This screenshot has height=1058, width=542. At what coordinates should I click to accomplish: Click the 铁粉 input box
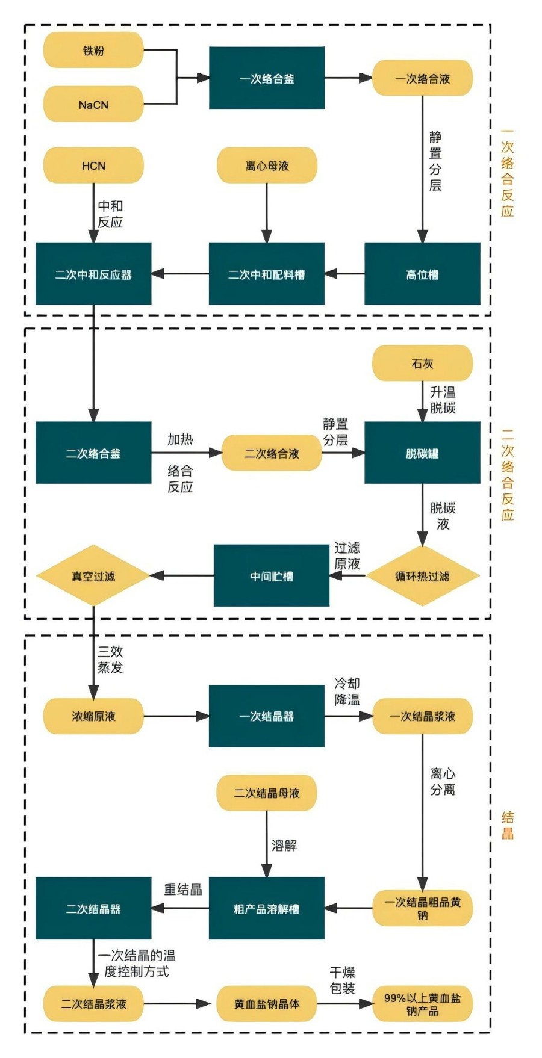93,51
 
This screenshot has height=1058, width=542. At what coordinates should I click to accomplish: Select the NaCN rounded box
93,104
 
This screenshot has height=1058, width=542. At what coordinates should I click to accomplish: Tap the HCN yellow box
93,166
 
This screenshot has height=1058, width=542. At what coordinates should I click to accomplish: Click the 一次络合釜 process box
267,78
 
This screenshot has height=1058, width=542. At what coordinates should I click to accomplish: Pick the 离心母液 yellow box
267,166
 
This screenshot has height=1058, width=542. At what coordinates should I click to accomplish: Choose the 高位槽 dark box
422,274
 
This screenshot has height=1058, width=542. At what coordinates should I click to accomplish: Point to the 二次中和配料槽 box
267,274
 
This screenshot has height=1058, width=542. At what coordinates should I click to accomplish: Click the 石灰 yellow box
422,363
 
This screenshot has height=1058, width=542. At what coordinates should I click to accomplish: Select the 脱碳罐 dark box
422,453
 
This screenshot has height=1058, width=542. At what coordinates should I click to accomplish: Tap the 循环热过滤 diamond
422,576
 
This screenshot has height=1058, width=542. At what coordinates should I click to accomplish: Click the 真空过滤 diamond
93,576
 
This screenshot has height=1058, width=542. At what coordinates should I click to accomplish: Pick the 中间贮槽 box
272,576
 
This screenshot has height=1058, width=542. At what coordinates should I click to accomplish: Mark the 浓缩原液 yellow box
93,716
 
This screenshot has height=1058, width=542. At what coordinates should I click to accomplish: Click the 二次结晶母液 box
267,793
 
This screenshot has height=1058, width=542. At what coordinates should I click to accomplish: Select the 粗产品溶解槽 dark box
267,908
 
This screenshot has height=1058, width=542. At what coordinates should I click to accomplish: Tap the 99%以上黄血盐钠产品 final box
422,1004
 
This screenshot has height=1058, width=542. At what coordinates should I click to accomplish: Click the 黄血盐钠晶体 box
267,1004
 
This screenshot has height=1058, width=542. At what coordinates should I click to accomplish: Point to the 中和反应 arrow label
110,214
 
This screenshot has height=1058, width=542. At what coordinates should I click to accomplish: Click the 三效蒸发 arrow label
110,660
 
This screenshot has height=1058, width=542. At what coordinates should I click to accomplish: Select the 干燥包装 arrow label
342,980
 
